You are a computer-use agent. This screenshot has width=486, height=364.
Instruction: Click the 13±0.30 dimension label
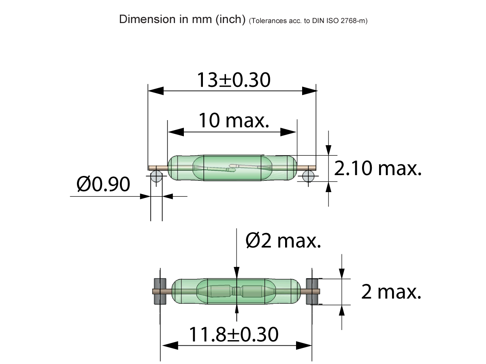click(233, 80)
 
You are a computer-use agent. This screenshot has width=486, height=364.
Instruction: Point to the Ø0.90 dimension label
click(104, 184)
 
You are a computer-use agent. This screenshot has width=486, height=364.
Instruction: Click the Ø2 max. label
click(283, 241)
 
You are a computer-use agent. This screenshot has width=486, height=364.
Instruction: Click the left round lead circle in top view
click(156, 176)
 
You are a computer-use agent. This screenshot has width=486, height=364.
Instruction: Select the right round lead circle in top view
click(308, 176)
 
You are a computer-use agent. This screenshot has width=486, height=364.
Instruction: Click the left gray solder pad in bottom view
click(160, 291)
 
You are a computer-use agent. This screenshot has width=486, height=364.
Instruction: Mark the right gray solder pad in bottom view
click(312, 291)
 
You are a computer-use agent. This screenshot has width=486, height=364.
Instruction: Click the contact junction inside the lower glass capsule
click(237, 291)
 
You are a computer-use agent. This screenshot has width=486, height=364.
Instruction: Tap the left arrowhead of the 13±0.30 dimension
click(156, 91)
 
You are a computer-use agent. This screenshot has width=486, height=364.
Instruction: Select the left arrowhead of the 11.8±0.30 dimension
click(170, 345)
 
